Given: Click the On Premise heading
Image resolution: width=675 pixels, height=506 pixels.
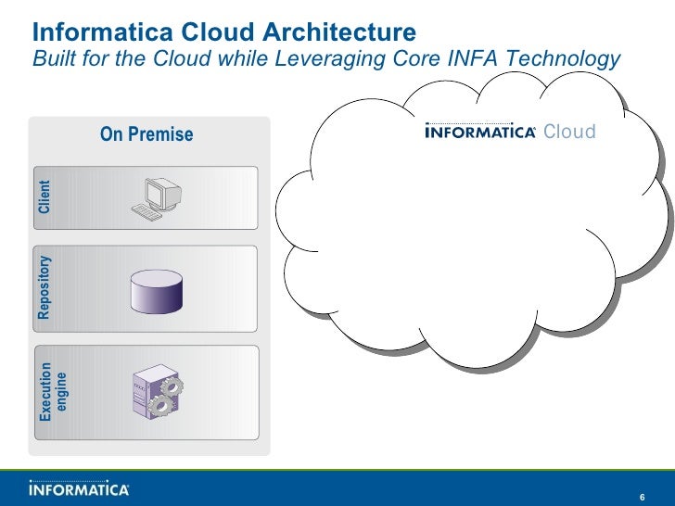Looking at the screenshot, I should [x=146, y=134].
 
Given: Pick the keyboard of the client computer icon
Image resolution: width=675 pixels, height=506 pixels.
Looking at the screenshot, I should [x=146, y=211].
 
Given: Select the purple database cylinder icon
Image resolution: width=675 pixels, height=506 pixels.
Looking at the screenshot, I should [x=157, y=290].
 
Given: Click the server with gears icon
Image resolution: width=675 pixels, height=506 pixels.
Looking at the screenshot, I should [x=155, y=390].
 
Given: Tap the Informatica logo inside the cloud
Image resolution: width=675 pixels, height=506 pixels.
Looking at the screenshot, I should [x=480, y=132].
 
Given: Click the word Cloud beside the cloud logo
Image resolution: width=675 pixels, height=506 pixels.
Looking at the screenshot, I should [x=569, y=132].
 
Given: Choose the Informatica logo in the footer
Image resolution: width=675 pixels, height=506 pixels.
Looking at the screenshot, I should [x=80, y=487].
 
